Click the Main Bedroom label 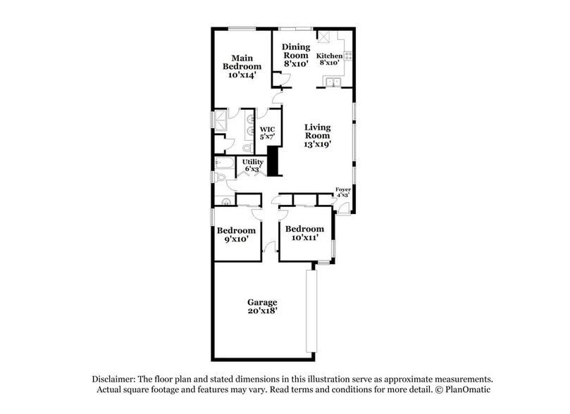point(242,66)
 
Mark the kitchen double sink point(332,84)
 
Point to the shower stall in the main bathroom point(221,120)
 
